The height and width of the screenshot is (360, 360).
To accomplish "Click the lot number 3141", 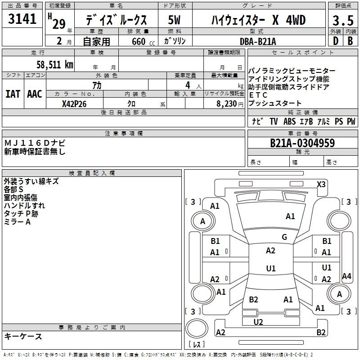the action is (x=22, y=18).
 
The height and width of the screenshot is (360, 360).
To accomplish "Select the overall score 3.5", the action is (x=343, y=20).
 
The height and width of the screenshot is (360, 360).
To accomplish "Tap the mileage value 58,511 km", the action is (x=55, y=64).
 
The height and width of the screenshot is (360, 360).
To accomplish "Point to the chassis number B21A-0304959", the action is (x=302, y=143).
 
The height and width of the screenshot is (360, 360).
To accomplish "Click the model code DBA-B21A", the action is (x=258, y=41).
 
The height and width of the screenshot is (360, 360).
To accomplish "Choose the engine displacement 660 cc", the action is (x=143, y=41).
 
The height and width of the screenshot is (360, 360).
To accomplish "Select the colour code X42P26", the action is (x=74, y=104).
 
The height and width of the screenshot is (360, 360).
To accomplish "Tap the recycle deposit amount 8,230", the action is (x=227, y=104).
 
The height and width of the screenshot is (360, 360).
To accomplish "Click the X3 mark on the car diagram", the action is (x=321, y=184).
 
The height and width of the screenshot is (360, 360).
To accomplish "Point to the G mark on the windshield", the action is (x=284, y=237).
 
